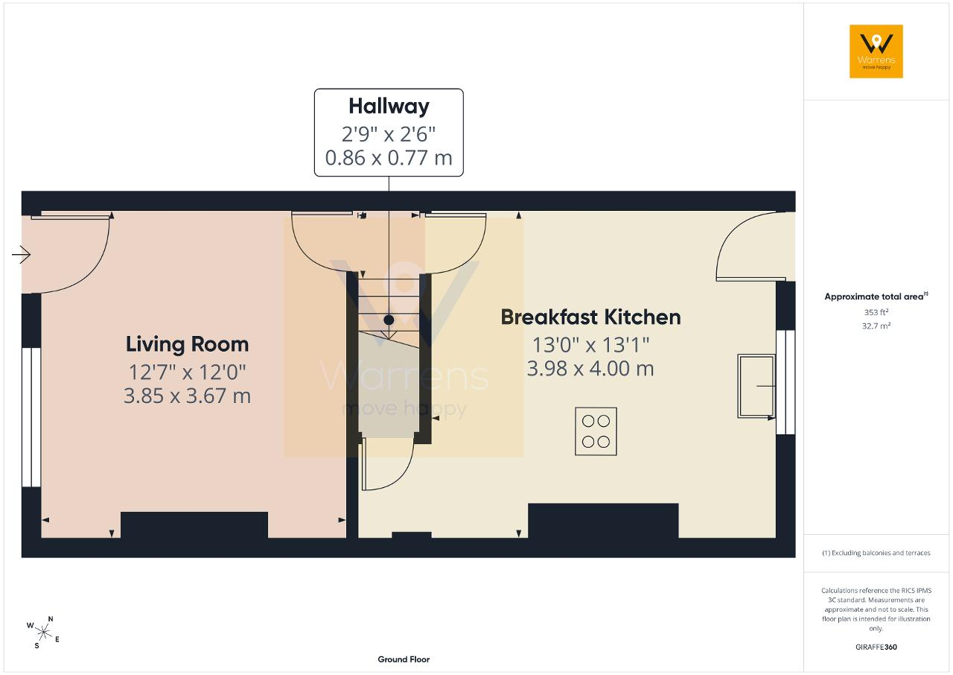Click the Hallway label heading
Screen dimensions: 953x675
[389, 107]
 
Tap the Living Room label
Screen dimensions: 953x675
[187, 344]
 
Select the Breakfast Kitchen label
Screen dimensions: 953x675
[590, 317]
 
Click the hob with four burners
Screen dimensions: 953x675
[596, 431]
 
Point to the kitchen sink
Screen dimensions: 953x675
[756, 386]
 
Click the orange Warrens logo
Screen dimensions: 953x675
[876, 51]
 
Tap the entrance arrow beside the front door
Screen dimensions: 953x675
[22, 255]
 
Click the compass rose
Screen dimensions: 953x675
[43, 633]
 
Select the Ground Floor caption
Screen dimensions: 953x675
[404, 659]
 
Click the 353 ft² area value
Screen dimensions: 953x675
[876, 312]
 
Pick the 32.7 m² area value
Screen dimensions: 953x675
[876, 326]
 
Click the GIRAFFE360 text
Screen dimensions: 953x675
[876, 647]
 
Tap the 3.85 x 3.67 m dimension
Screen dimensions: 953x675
[187, 396]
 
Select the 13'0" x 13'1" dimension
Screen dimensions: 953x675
[590, 345]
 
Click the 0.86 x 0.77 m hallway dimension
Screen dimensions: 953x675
[389, 158]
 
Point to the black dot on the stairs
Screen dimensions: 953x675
[389, 320]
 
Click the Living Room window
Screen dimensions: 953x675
[31, 417]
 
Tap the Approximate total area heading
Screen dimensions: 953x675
[876, 297]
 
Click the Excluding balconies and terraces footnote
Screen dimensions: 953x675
[876, 553]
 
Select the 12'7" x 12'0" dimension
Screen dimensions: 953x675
[187, 373]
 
